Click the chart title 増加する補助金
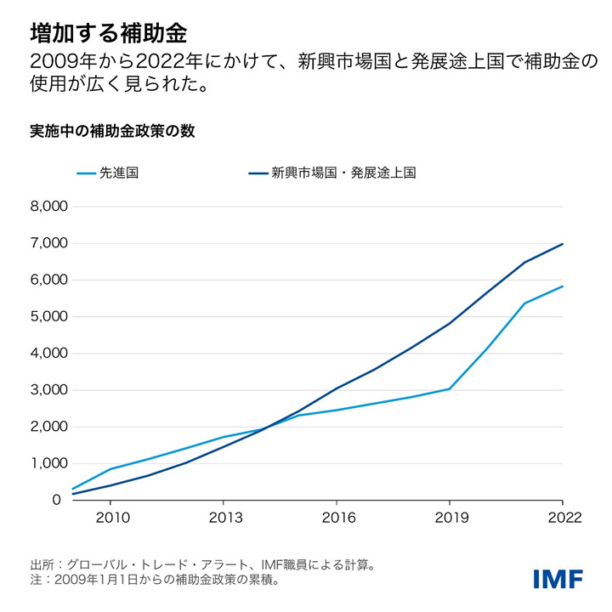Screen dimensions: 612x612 109,33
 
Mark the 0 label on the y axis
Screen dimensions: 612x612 57,501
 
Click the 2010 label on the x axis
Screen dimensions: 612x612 110,518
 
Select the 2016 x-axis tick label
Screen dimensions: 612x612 337,518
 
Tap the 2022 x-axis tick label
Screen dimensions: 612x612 562,518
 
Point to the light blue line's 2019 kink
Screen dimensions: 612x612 450,388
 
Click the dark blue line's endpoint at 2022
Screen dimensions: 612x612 563,244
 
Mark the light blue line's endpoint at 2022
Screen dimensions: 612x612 563,286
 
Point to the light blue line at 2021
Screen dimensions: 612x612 525,303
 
